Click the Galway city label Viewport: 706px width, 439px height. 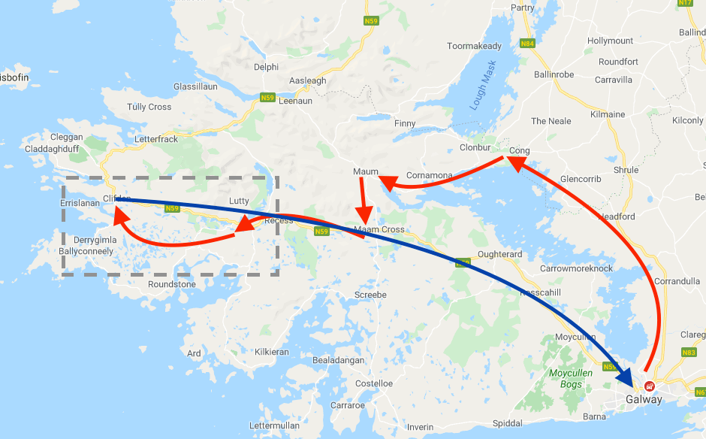pos(644,399)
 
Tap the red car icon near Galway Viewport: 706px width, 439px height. pos(650,386)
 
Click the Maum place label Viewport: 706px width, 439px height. pos(366,172)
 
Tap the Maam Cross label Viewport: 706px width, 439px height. pos(379,229)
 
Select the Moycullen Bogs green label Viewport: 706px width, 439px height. pos(571,378)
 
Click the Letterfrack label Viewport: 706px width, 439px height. pos(156,140)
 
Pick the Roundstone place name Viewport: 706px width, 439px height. pos(172,284)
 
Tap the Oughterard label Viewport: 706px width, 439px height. pos(499,254)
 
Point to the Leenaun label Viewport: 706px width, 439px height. pos(298,100)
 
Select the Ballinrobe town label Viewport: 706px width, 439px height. pos(554,74)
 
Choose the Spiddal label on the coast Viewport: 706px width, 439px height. pos(508,423)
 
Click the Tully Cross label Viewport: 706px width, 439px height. pos(149,107)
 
